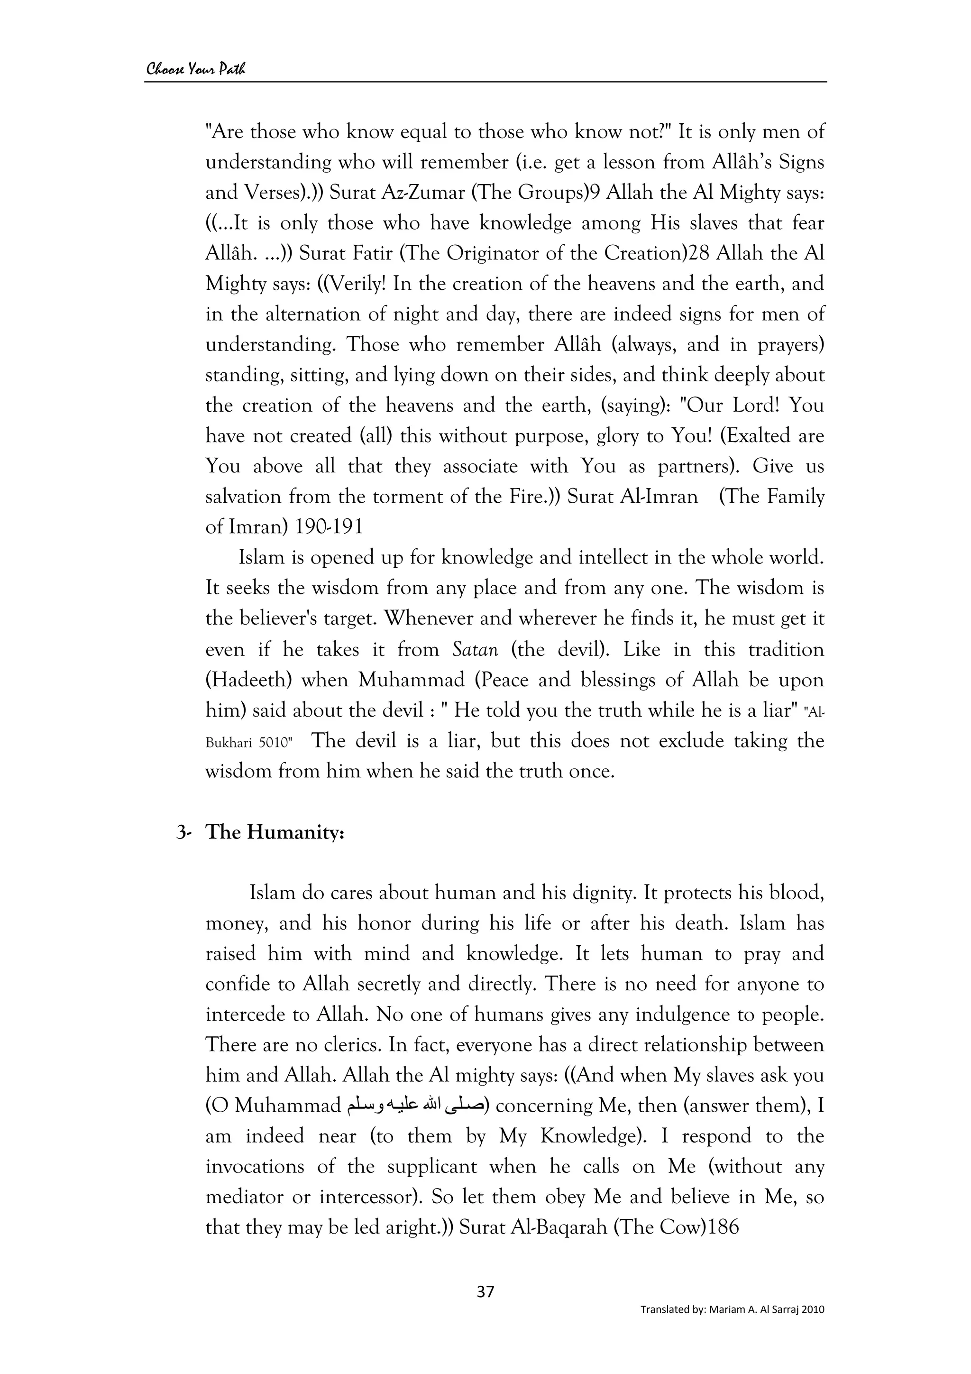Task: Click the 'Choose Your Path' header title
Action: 196,69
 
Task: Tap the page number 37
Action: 485,1308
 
